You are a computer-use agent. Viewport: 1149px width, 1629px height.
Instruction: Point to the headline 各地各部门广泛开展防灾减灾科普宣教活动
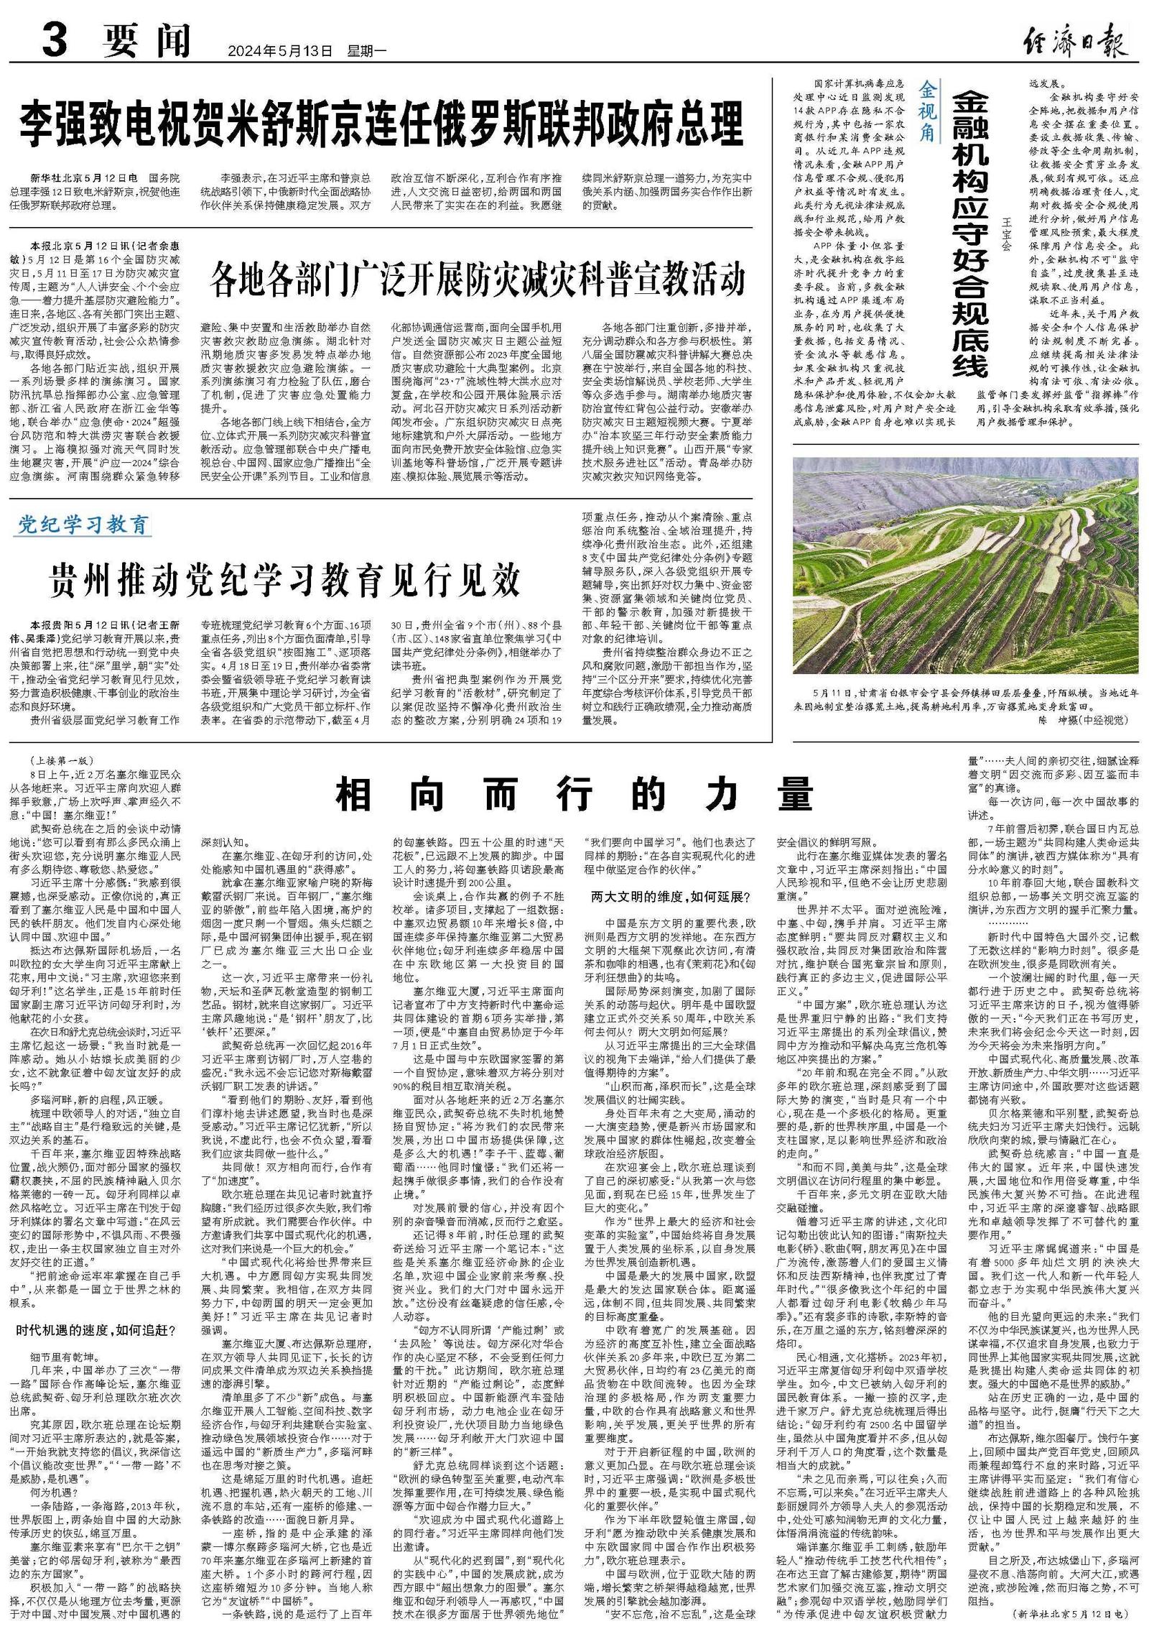tap(478, 280)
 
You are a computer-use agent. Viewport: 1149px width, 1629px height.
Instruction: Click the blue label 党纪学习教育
tap(83, 525)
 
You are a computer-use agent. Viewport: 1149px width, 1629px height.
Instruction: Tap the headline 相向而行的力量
tap(575, 795)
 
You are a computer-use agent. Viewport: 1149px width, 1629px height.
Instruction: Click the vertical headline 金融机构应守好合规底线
tap(971, 234)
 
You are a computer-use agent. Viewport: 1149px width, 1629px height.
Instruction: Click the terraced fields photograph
tap(965, 567)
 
